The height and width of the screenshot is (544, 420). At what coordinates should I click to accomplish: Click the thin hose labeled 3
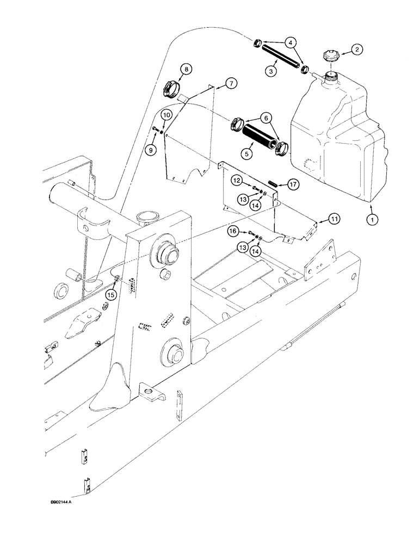pyautogui.click(x=280, y=56)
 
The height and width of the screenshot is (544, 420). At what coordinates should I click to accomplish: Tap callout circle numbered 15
pyautogui.click(x=111, y=294)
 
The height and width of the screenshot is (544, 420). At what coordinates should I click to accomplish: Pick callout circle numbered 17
pyautogui.click(x=293, y=185)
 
